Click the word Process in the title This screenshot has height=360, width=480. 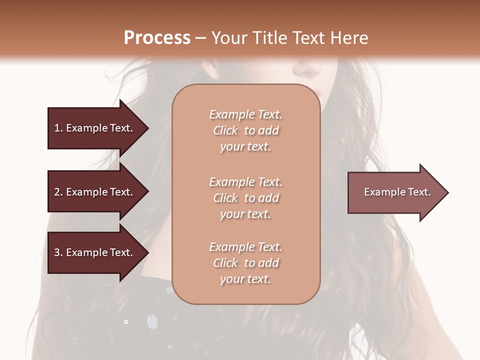coord(157,38)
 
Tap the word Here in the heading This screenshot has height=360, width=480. coord(348,38)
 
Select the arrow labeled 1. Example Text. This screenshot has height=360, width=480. coord(93,128)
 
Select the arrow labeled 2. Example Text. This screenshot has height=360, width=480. coord(93,192)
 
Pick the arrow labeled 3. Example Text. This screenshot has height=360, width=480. coord(93,252)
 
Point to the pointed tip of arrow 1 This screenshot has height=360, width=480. coord(147,128)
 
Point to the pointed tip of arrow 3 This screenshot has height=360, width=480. coord(147,252)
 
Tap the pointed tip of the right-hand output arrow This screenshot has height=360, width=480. coord(447,192)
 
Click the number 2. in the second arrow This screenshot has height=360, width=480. coord(58,192)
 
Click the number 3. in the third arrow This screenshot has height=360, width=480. coord(58,252)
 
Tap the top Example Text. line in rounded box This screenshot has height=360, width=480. coord(245,114)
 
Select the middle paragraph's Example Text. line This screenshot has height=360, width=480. coord(245,182)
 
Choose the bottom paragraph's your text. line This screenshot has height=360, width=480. coord(245,279)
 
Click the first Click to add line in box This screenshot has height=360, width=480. coord(245,130)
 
